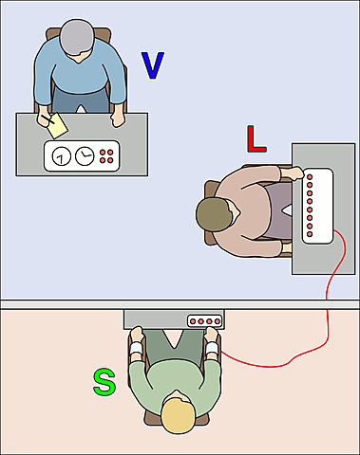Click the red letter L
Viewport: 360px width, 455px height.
pos(256,138)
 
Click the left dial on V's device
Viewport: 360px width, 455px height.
pos(61,156)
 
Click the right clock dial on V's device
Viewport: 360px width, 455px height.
pos(85,155)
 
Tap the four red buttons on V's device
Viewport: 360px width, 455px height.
pos(107,155)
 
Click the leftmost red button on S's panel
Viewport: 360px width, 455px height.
pos(195,321)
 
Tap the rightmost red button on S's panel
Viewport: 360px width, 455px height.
pos(218,321)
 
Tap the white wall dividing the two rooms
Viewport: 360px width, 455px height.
pos(57,303)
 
